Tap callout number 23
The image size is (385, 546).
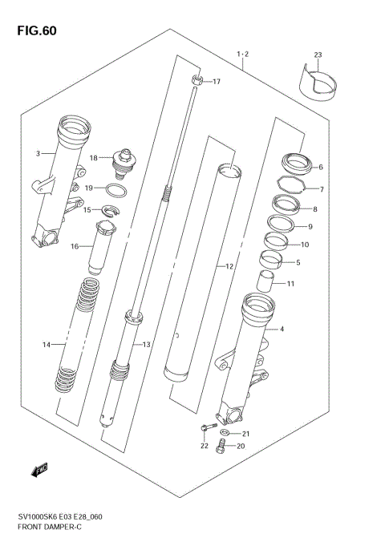click(x=317, y=55)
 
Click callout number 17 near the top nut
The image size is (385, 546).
click(x=216, y=82)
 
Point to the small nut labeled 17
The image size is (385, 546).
click(x=197, y=81)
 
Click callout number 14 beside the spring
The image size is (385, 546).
click(x=47, y=344)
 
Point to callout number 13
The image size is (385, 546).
click(x=147, y=344)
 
